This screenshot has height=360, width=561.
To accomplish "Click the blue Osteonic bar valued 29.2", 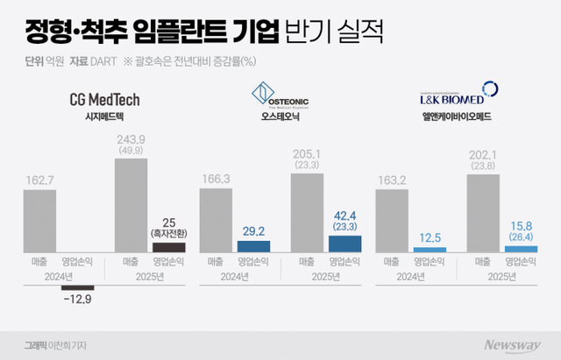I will (255, 247).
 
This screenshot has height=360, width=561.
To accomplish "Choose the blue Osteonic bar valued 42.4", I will (344, 244).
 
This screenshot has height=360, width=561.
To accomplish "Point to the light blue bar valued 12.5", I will (429, 249).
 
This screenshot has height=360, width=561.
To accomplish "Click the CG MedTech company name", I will (104, 99).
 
